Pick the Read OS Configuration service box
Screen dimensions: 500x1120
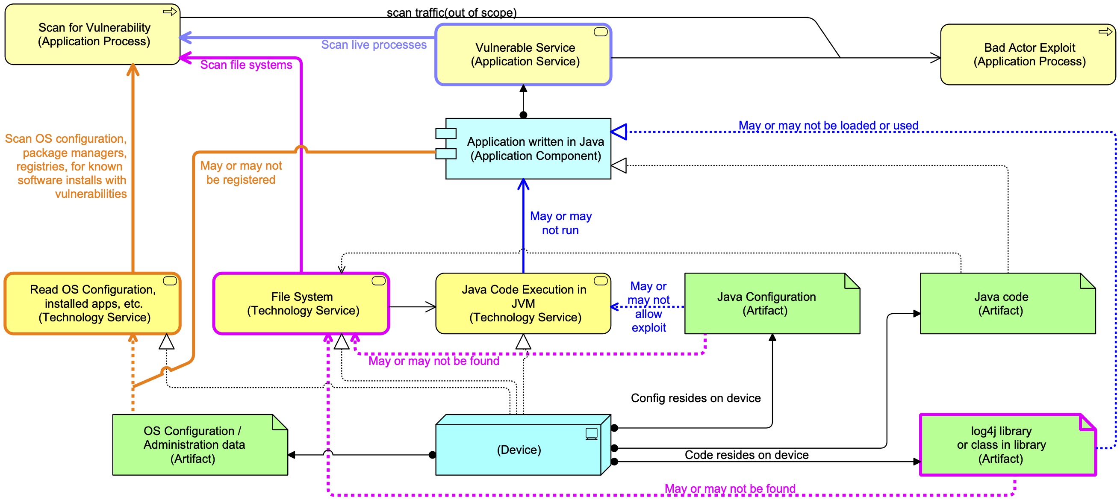pyautogui.click(x=92, y=303)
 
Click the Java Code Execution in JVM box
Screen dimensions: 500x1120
pyautogui.click(x=524, y=303)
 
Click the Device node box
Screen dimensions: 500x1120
pyautogui.click(x=518, y=450)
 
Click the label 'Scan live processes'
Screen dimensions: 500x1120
pyautogui.click(x=374, y=45)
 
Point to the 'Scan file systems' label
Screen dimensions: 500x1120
pyautogui.click(x=246, y=65)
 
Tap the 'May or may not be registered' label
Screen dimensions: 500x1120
pyautogui.click(x=241, y=173)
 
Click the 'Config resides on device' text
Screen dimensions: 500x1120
pyautogui.click(x=696, y=398)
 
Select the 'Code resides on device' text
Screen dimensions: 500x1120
pyautogui.click(x=746, y=455)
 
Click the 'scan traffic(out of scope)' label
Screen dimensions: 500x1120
pyautogui.click(x=451, y=13)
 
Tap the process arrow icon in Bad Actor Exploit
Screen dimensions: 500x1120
pyautogui.click(x=1105, y=32)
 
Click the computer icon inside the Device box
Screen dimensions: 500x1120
pyautogui.click(x=591, y=433)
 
